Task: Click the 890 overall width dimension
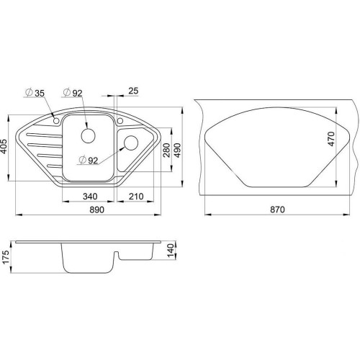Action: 97,210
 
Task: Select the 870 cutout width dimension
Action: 277,210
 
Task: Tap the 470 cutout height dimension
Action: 331,139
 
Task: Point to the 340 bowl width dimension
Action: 90,197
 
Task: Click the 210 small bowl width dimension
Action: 136,197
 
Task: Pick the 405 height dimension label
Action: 5,147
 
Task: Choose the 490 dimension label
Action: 178,150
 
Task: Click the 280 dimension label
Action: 166,150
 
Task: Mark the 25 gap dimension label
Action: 133,91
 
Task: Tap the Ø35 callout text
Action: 35,93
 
